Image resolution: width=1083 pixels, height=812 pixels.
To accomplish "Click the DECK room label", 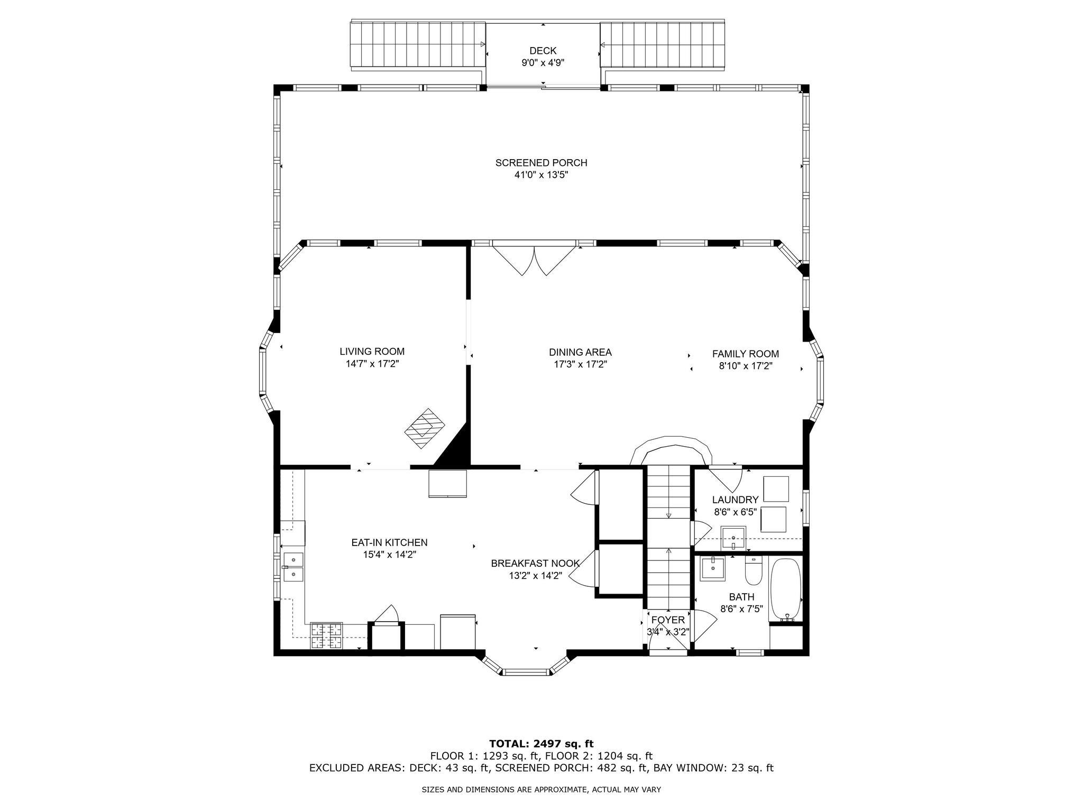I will [x=543, y=51].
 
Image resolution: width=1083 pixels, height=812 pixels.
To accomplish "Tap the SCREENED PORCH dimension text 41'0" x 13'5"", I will [x=541, y=175].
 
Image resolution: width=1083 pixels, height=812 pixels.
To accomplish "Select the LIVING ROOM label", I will [x=372, y=352].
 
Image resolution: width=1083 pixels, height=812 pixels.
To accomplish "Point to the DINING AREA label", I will [x=580, y=352].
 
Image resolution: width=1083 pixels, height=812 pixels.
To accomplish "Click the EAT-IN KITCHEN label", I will [x=389, y=542].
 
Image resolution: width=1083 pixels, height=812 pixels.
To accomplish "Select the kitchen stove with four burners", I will [x=326, y=635].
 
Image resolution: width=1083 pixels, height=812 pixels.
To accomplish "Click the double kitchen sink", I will [x=293, y=567].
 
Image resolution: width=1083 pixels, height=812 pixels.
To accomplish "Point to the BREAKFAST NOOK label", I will [x=535, y=564].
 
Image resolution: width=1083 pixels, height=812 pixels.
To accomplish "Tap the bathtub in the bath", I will [x=786, y=590].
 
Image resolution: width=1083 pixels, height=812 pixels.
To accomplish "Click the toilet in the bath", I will [x=752, y=573].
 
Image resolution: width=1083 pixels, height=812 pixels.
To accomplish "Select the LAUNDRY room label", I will [x=735, y=500].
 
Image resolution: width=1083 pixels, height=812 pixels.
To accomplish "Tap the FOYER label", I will [x=668, y=620].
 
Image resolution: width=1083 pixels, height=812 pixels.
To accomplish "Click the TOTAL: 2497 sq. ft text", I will [x=541, y=744].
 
